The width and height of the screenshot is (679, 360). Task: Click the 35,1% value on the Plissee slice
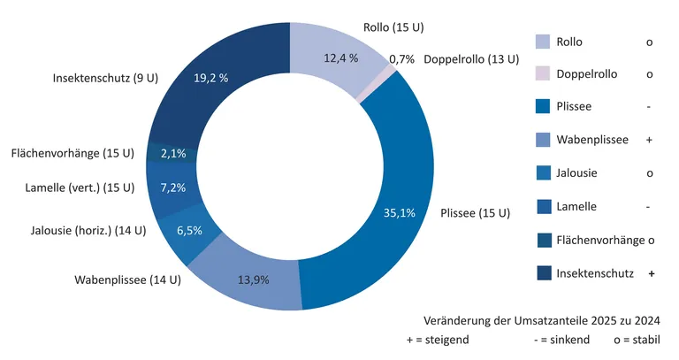pyautogui.click(x=400, y=213)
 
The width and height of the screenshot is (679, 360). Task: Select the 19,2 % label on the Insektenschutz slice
pyautogui.click(x=210, y=78)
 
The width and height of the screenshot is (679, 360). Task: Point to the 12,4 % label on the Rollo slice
pyautogui.click(x=339, y=58)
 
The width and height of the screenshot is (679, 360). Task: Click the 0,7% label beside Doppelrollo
pyautogui.click(x=401, y=59)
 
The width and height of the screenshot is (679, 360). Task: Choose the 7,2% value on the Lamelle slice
pyautogui.click(x=172, y=188)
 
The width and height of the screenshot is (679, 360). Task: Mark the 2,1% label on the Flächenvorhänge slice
pyautogui.click(x=172, y=154)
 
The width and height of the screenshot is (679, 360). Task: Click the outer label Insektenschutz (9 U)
pyautogui.click(x=105, y=78)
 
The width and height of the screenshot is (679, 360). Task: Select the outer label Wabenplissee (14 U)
pyautogui.click(x=127, y=281)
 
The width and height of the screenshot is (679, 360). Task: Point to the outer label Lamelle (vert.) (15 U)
pyautogui.click(x=79, y=188)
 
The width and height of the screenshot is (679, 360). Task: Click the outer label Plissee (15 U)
pyautogui.click(x=475, y=213)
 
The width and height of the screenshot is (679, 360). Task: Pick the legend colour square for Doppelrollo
pyautogui.click(x=543, y=74)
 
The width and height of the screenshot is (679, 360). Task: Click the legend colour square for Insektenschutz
pyautogui.click(x=543, y=272)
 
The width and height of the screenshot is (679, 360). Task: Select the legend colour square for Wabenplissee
pyautogui.click(x=543, y=140)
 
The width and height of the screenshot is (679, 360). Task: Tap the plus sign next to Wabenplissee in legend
pyautogui.click(x=649, y=141)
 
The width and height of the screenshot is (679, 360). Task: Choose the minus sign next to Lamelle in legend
pyautogui.click(x=649, y=207)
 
